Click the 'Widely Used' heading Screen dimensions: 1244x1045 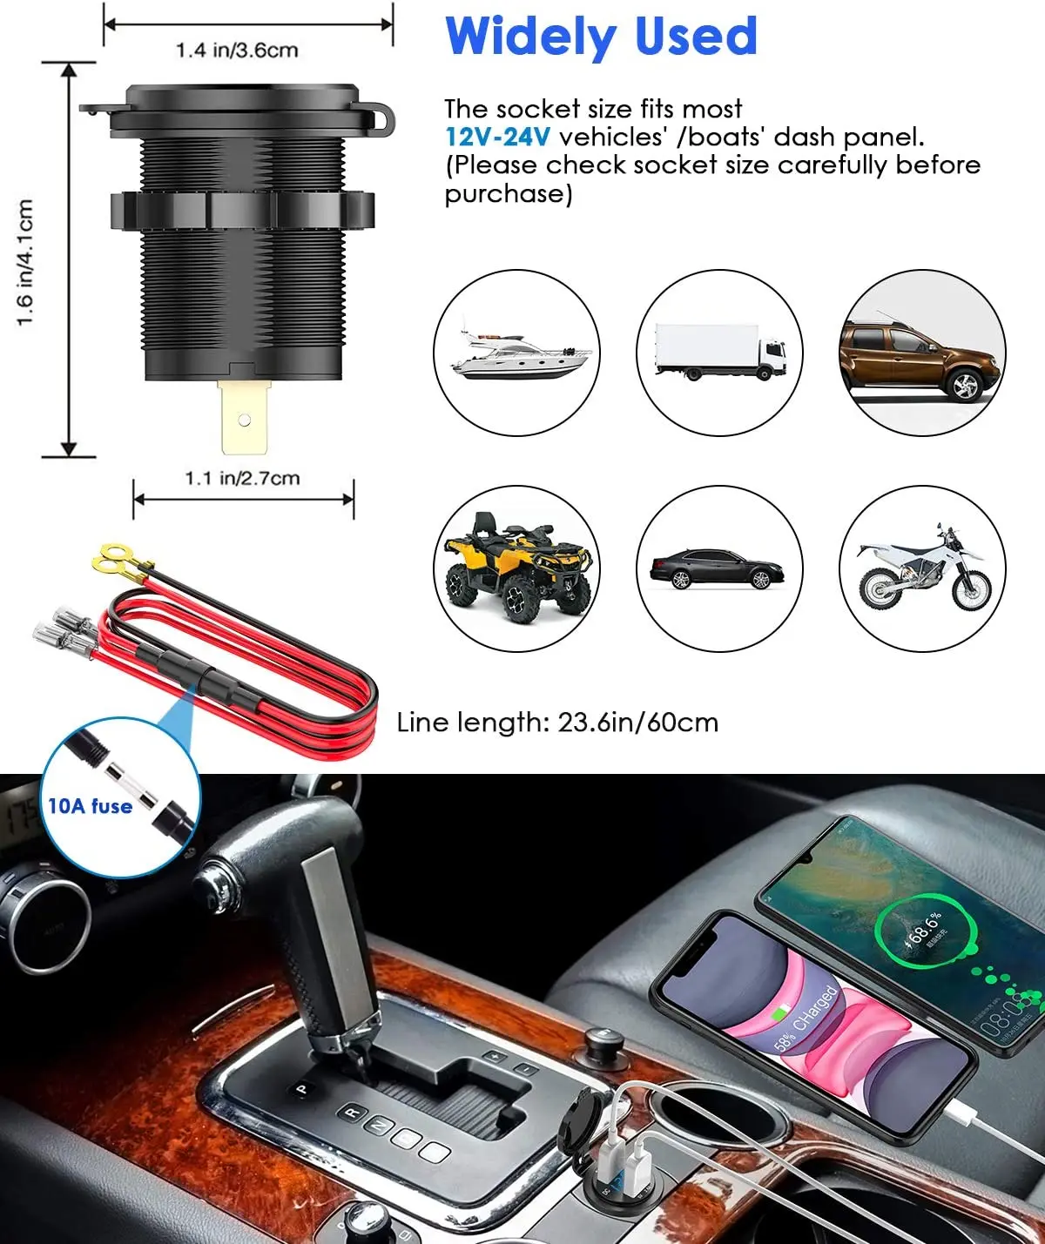(601, 37)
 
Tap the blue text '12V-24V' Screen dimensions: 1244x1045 (497, 138)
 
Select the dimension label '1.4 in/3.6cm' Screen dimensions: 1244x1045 (237, 50)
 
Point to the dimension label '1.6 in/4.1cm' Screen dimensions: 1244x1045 (25, 262)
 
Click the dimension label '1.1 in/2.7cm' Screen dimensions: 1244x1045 (242, 478)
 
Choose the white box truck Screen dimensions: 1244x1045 (720, 353)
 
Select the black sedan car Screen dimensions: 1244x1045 (717, 568)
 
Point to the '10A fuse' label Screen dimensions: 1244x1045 (90, 806)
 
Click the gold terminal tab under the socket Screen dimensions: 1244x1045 (245, 419)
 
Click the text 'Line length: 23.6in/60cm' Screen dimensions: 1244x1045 (557, 723)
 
